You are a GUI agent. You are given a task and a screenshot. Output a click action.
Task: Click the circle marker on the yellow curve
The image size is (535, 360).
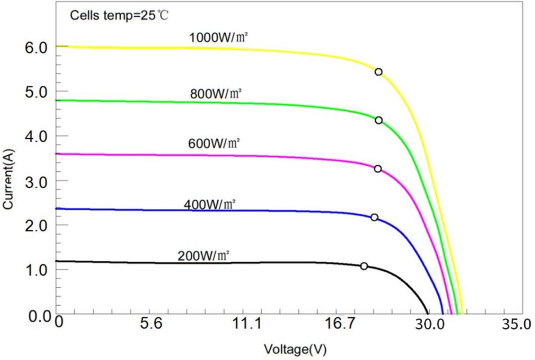click(378, 72)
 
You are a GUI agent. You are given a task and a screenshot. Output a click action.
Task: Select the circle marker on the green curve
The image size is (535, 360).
click(378, 120)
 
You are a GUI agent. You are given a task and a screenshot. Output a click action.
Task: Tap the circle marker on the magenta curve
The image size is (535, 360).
click(378, 169)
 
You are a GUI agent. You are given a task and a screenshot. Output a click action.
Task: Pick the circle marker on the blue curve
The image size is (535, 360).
click(374, 217)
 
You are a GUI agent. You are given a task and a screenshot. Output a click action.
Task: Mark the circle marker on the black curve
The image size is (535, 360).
click(364, 266)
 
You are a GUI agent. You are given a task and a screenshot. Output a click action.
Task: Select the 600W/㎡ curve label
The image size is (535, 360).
click(214, 143)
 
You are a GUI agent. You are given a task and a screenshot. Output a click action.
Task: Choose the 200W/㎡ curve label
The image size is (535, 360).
click(204, 257)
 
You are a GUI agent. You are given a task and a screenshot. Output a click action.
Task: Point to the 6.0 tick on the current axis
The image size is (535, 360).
click(36, 47)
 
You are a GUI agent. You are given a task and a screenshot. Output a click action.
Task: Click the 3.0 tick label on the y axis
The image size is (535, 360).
click(36, 181)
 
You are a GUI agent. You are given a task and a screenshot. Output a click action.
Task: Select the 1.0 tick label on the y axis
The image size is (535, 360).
click(36, 270)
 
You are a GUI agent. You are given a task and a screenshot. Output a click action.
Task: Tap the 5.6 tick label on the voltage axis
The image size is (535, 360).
click(152, 324)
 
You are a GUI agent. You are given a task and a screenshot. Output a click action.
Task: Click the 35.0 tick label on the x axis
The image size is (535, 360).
click(516, 324)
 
